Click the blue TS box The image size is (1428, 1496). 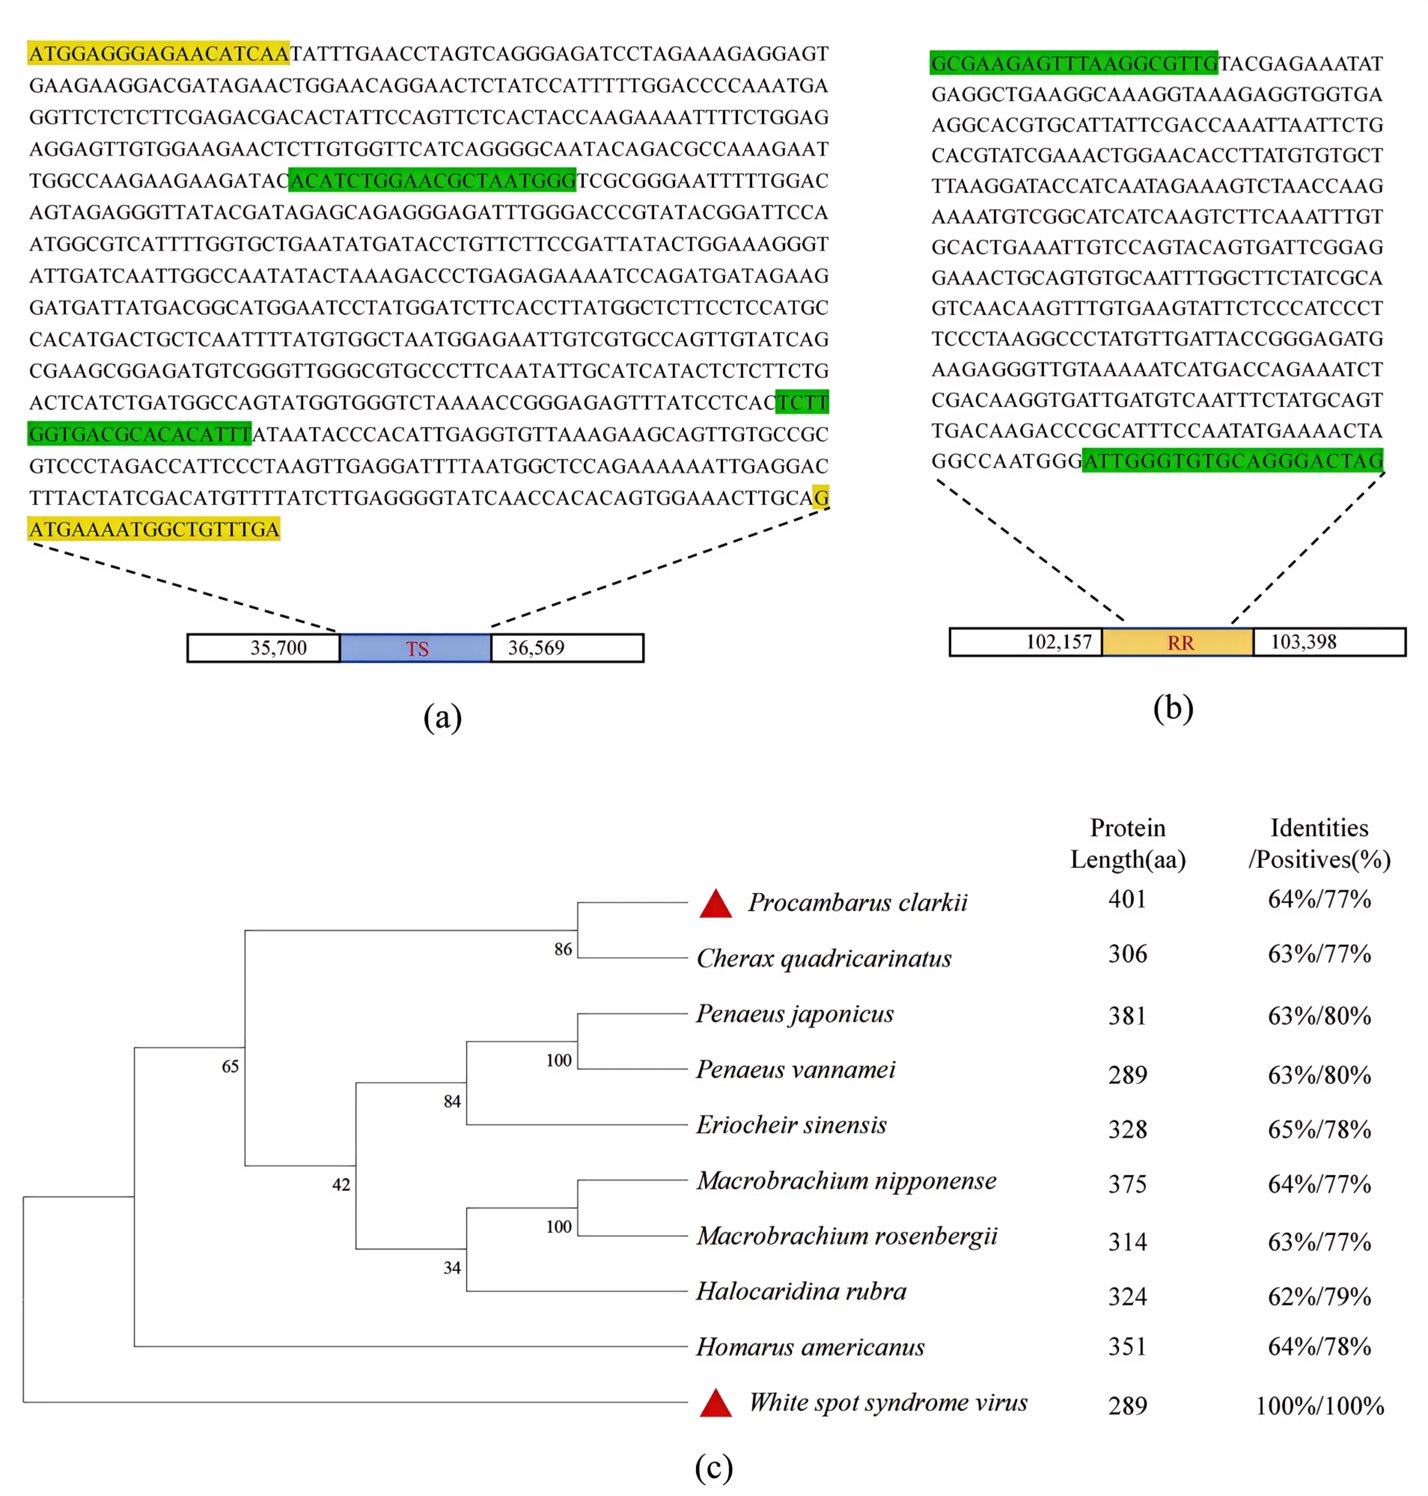pos(416,648)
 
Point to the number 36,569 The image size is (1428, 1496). pos(536,647)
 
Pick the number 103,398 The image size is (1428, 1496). pos(1303,641)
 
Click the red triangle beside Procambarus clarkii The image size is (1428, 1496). pos(716,904)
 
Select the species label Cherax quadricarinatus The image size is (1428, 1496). pos(823,958)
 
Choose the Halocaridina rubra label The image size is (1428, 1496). pos(801,1291)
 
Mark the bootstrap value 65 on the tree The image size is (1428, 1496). pos(230,1066)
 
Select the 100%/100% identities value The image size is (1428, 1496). pos(1319,1405)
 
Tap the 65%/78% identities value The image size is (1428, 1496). pos(1319,1129)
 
